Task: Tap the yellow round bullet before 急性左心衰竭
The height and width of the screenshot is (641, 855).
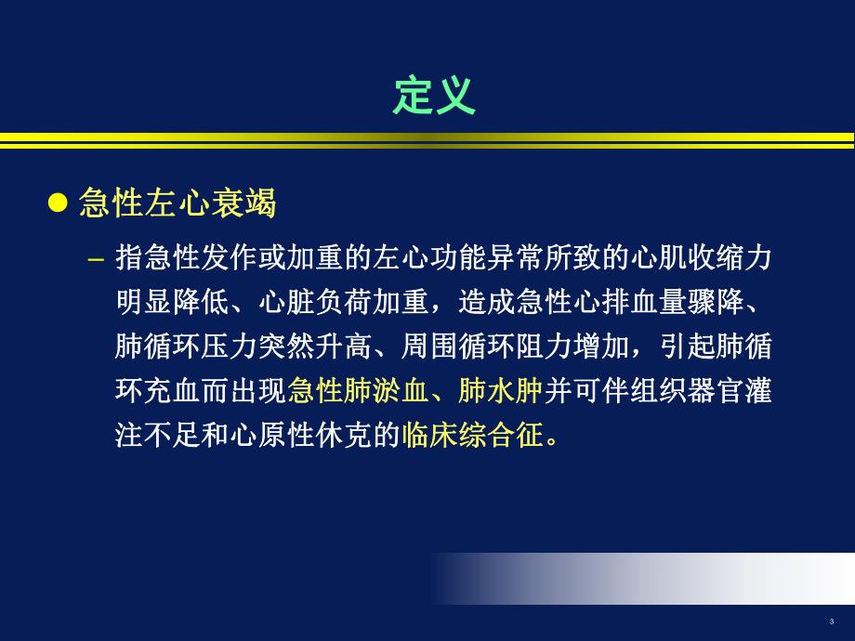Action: point(59,203)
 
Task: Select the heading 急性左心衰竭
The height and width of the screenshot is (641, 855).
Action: point(178,203)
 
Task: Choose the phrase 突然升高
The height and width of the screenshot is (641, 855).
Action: point(325,347)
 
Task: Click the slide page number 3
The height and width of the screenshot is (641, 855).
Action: point(831,621)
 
